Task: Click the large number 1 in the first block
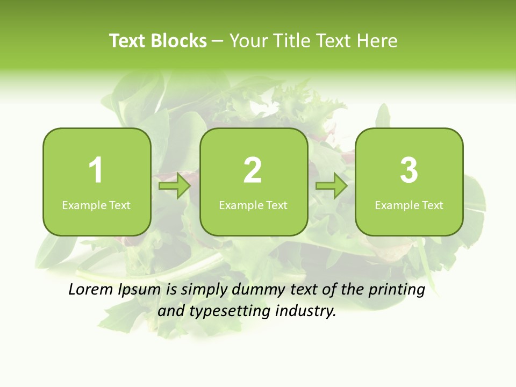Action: (x=96, y=171)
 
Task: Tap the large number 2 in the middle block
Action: (x=253, y=171)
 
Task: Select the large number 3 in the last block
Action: (x=409, y=171)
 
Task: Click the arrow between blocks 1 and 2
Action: (x=175, y=186)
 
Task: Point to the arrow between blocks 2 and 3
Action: (x=332, y=186)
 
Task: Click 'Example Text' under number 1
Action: (x=96, y=205)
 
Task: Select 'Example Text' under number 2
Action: (x=253, y=205)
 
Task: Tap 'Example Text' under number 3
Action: (x=409, y=205)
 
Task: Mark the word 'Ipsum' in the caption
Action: (x=140, y=290)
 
